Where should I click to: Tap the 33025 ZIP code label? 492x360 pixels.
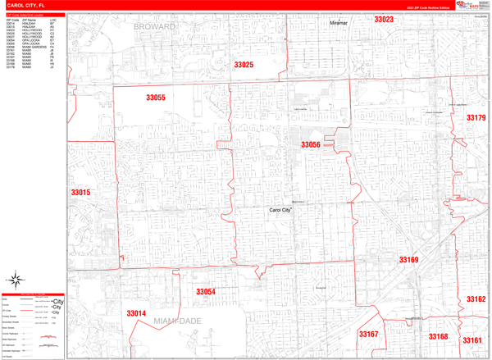[244, 64]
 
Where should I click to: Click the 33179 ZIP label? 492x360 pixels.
[476, 118]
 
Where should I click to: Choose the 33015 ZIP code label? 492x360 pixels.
[80, 193]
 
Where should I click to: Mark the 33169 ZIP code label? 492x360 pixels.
[408, 260]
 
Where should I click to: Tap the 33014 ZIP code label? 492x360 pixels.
[136, 313]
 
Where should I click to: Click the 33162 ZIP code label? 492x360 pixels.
[476, 299]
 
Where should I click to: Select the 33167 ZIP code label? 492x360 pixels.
[368, 334]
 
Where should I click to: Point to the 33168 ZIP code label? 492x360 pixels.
[438, 336]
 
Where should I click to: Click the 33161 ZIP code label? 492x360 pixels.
[471, 339]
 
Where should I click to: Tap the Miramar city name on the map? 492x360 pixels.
[339, 23]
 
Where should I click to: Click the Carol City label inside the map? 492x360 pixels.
[281, 211]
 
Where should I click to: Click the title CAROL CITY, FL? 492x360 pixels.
[25, 5]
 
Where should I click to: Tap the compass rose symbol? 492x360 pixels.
[16, 280]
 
